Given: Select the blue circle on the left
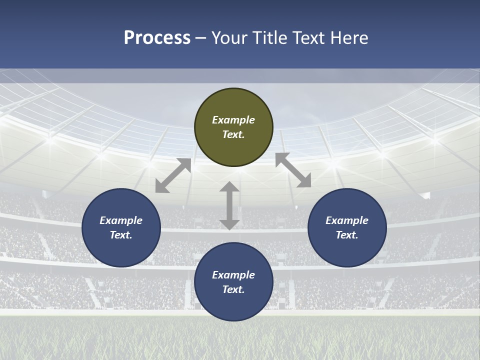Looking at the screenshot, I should tap(121, 227).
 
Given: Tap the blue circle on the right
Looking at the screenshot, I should tap(347, 227).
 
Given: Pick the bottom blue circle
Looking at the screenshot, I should tap(233, 282).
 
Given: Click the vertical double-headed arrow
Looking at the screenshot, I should tap(229, 206).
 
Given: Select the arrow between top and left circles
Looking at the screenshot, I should tap(173, 175).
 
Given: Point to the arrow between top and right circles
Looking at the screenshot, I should tap(293, 170).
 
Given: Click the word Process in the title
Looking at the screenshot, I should tap(157, 38).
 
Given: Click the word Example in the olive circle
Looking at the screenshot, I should tap(233, 120).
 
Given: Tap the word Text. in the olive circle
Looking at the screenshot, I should tap(233, 134).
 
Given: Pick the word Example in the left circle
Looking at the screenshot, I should tap(121, 220).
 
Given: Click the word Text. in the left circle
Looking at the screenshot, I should tap(121, 235).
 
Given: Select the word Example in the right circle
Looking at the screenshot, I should tap(347, 220).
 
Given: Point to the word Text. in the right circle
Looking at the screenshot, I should tap(347, 235).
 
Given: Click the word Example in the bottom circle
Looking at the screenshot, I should tap(233, 275).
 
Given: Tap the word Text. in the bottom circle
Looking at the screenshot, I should tap(233, 289).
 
